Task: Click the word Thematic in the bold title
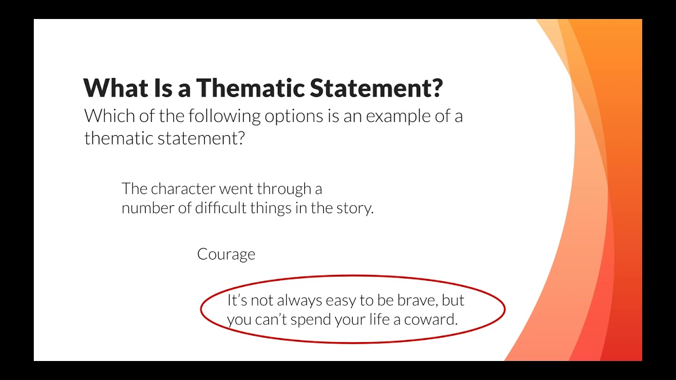250,88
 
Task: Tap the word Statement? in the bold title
377,88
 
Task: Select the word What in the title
116,88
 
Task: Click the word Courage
226,254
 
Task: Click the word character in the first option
183,189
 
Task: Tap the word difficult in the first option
221,208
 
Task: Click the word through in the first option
284,189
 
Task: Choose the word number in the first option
147,208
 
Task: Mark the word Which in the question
109,116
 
